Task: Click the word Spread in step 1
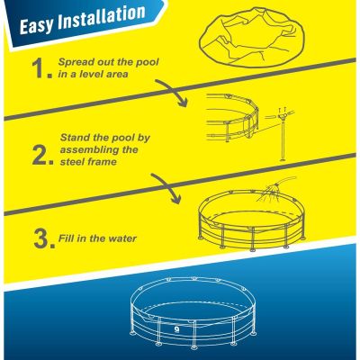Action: [x=78, y=63]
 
